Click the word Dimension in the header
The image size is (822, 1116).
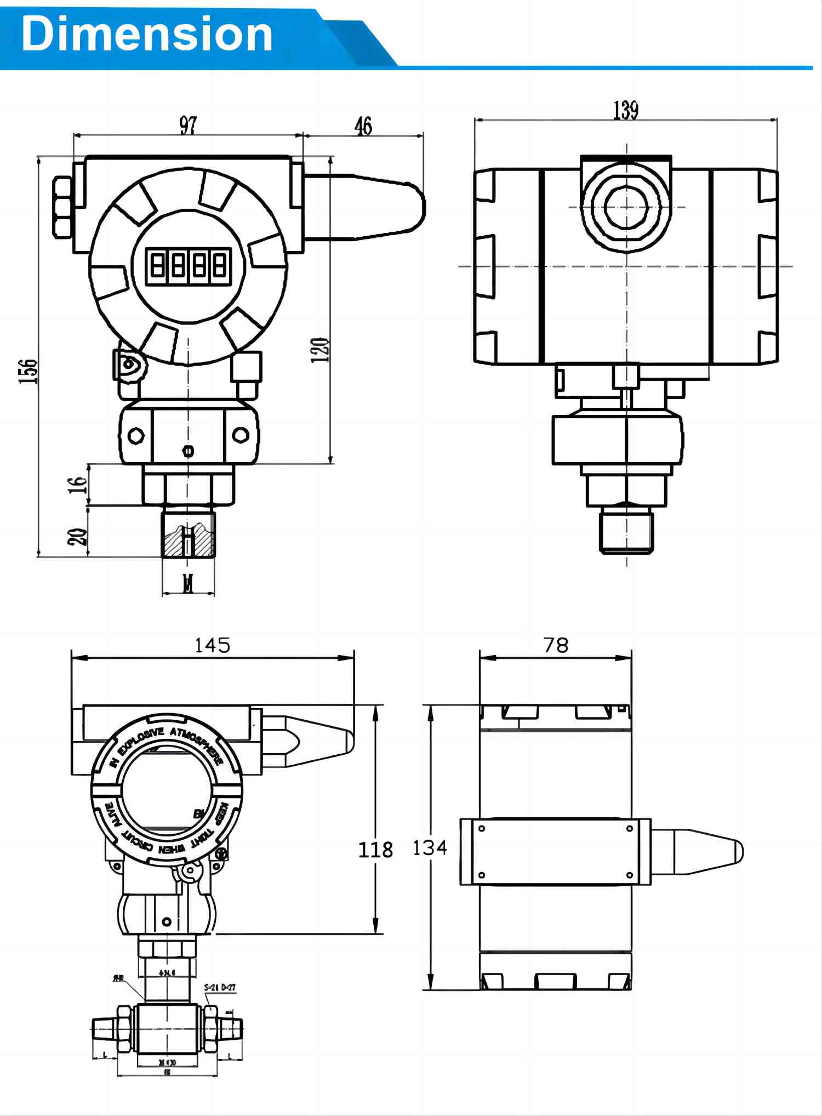tap(147, 34)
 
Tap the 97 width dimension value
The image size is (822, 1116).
tap(188, 126)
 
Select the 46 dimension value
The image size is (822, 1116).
tap(363, 126)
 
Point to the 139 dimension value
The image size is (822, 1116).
tap(625, 110)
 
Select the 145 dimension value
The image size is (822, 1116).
tap(213, 645)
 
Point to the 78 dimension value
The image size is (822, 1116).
tap(556, 645)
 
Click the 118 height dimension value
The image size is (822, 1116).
tap(375, 850)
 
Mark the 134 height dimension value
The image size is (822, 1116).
tap(430, 848)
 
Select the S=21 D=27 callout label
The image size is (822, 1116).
tap(220, 987)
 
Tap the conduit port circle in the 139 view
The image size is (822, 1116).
tap(626, 207)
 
